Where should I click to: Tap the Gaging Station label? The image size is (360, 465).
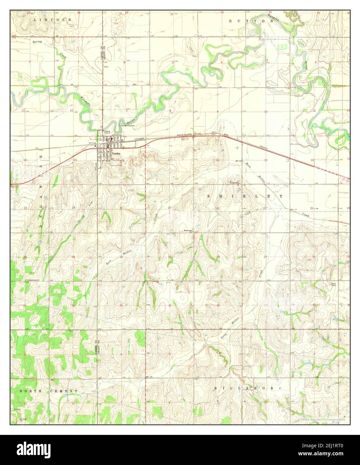point(107,132)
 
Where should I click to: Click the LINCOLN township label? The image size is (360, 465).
point(53,20)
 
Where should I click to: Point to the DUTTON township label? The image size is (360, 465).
point(251,21)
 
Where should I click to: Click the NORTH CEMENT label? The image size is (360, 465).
point(48,391)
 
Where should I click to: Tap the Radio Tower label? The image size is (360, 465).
point(333,285)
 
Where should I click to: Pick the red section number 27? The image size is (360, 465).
point(266,257)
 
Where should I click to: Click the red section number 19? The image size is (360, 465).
point(121,208)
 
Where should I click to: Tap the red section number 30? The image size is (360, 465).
point(121,257)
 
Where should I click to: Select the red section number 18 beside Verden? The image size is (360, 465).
point(123,160)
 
